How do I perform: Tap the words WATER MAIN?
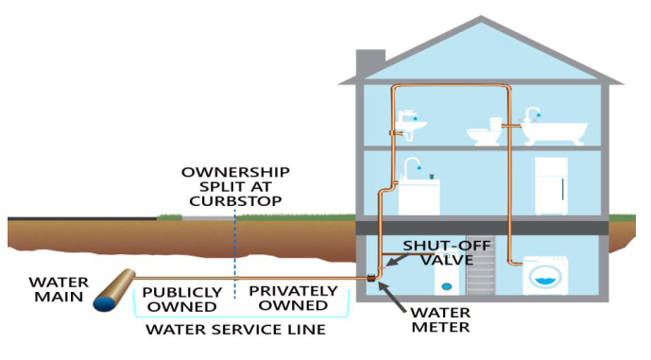(59, 289)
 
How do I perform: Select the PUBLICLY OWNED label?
(181, 300)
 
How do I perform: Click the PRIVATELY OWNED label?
(293, 299)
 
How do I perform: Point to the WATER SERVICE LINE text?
(235, 329)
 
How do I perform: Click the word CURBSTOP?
(236, 201)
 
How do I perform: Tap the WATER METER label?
(441, 319)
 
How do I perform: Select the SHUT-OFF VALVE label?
(447, 252)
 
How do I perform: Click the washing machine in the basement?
(545, 276)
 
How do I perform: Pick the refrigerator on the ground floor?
(551, 185)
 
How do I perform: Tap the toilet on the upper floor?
(485, 131)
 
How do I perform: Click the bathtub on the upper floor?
(554, 131)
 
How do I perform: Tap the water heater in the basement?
(446, 274)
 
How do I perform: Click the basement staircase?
(481, 270)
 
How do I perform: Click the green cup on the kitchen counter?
(432, 177)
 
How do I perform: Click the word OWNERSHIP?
(235, 172)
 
